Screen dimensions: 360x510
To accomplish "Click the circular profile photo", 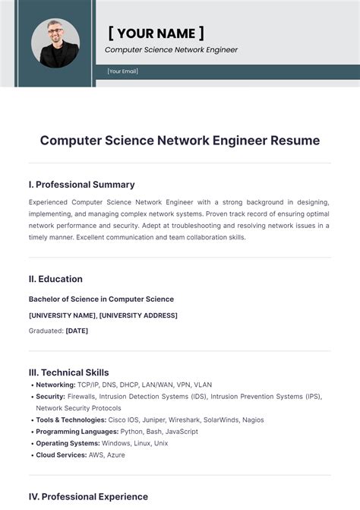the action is click(55, 43).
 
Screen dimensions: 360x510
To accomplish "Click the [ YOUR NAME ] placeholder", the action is click(156, 33).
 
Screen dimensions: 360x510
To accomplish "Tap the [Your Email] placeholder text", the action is click(123, 71).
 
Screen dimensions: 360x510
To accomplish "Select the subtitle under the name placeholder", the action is click(171, 50).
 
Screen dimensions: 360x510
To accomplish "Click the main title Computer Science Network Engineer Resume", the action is click(180, 141).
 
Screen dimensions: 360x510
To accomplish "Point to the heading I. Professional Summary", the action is click(81, 185).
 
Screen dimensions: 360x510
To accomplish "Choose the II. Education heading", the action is click(55, 279).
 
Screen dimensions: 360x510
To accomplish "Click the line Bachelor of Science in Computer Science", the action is click(101, 299).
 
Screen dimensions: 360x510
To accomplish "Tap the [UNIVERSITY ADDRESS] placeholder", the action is click(138, 315).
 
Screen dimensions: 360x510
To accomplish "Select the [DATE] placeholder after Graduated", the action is click(77, 331).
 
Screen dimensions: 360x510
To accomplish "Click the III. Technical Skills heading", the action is click(68, 372).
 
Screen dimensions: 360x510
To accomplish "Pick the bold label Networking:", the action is click(55, 385).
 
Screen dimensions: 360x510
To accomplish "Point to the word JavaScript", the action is click(181, 432).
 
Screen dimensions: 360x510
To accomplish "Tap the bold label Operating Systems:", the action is click(67, 443).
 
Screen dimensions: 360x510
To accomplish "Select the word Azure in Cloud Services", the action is click(115, 455).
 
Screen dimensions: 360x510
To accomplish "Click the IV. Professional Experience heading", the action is click(88, 496).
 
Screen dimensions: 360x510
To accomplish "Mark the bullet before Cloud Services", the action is click(31, 455).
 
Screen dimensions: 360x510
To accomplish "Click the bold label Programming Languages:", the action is click(74, 432).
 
